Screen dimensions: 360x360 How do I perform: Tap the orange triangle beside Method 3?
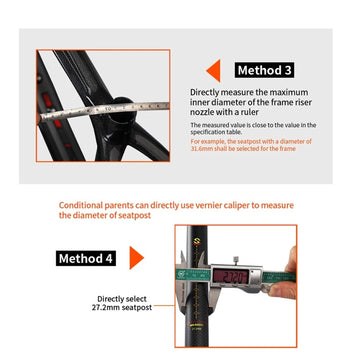(x=212, y=71)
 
